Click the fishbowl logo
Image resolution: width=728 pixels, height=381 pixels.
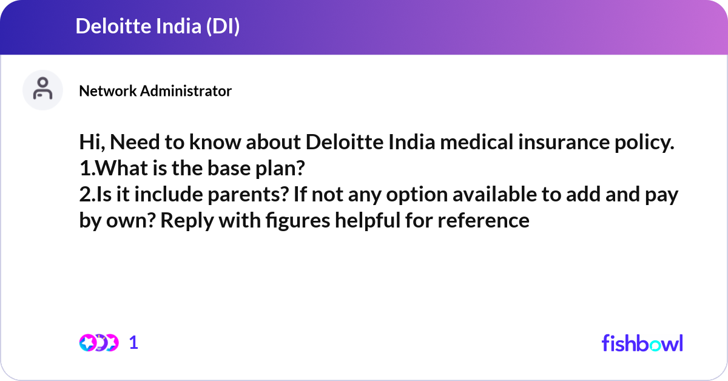[642, 343]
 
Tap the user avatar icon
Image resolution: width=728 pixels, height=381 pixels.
[42, 90]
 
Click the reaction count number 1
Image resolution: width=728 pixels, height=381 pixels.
[134, 343]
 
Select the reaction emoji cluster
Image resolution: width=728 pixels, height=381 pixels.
[98, 343]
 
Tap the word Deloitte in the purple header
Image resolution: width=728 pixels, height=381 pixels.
[107, 27]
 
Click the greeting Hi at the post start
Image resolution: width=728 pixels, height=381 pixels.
[90, 144]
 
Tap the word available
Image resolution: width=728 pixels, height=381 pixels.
[506, 195]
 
